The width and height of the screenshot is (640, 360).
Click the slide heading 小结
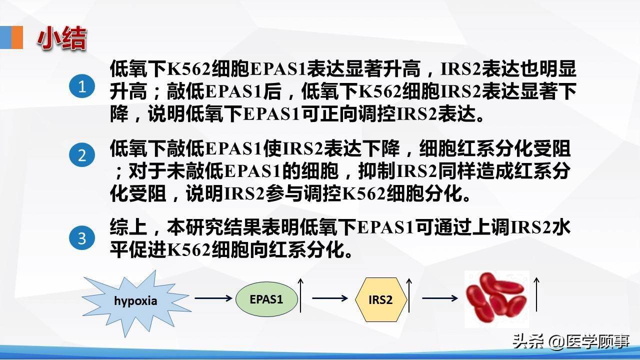pyautogui.click(x=61, y=38)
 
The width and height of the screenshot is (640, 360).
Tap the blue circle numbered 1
pyautogui.click(x=81, y=87)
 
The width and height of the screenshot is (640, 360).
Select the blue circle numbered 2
pyautogui.click(x=81, y=155)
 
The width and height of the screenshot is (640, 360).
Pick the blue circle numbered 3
pyautogui.click(x=81, y=238)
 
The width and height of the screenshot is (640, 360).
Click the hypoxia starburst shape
pyautogui.click(x=135, y=300)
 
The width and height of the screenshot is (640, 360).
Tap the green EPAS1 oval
pyautogui.click(x=266, y=299)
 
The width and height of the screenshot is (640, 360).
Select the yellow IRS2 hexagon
pyautogui.click(x=380, y=299)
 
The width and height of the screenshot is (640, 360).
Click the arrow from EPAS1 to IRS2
pyautogui.click(x=329, y=298)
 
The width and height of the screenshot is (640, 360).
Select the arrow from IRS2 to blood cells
pyautogui.click(x=440, y=298)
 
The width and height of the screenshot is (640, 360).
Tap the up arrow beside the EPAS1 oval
pyautogui.click(x=301, y=295)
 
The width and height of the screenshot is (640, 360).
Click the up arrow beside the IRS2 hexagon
pyautogui.click(x=409, y=295)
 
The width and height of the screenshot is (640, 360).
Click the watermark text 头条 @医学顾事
pyautogui.click(x=570, y=341)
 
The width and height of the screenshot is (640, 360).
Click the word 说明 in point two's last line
pyautogui.click(x=205, y=193)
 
